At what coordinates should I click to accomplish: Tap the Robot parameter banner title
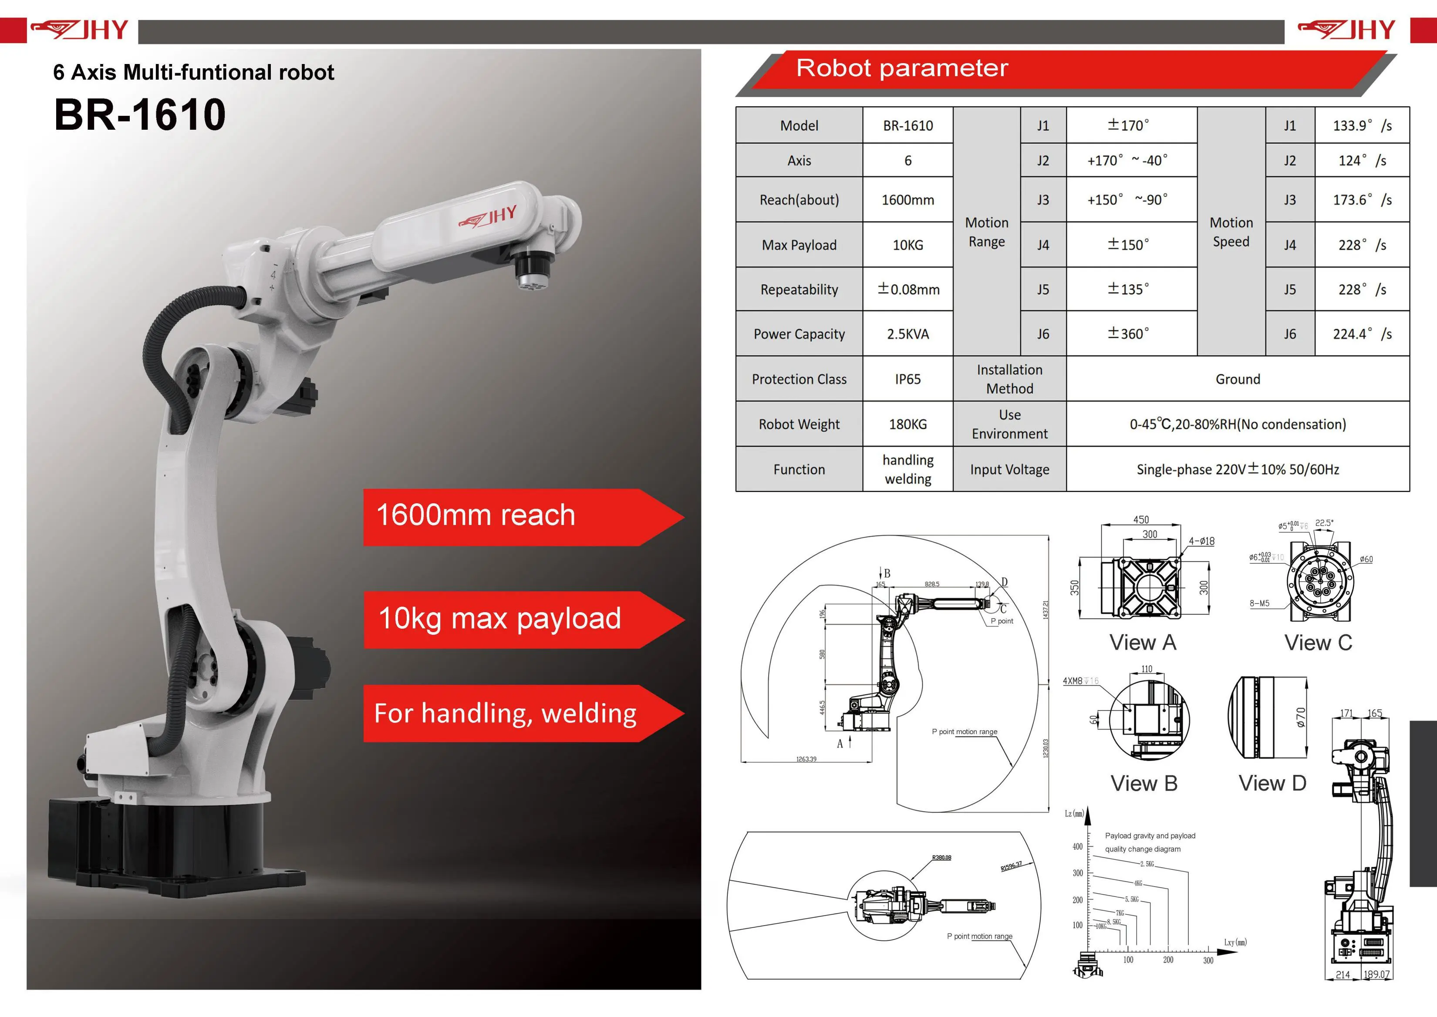coord(901,67)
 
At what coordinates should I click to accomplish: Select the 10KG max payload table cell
coord(907,245)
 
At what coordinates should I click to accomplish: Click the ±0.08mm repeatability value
coord(907,290)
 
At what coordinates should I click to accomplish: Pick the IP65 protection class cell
coord(907,379)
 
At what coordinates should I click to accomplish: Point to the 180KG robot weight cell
coord(907,424)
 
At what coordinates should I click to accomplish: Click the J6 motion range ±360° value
coord(1128,334)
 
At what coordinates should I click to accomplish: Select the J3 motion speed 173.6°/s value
coord(1361,200)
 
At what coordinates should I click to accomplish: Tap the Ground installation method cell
coord(1237,379)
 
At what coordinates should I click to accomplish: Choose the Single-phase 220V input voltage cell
coord(1237,469)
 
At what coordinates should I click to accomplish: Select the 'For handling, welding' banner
coord(505,713)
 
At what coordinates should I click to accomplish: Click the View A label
coord(1143,643)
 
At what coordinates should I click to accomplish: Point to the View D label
coord(1272,783)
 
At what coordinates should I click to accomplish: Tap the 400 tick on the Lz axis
coord(1077,847)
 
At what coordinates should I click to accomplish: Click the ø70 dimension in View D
coord(1300,717)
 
